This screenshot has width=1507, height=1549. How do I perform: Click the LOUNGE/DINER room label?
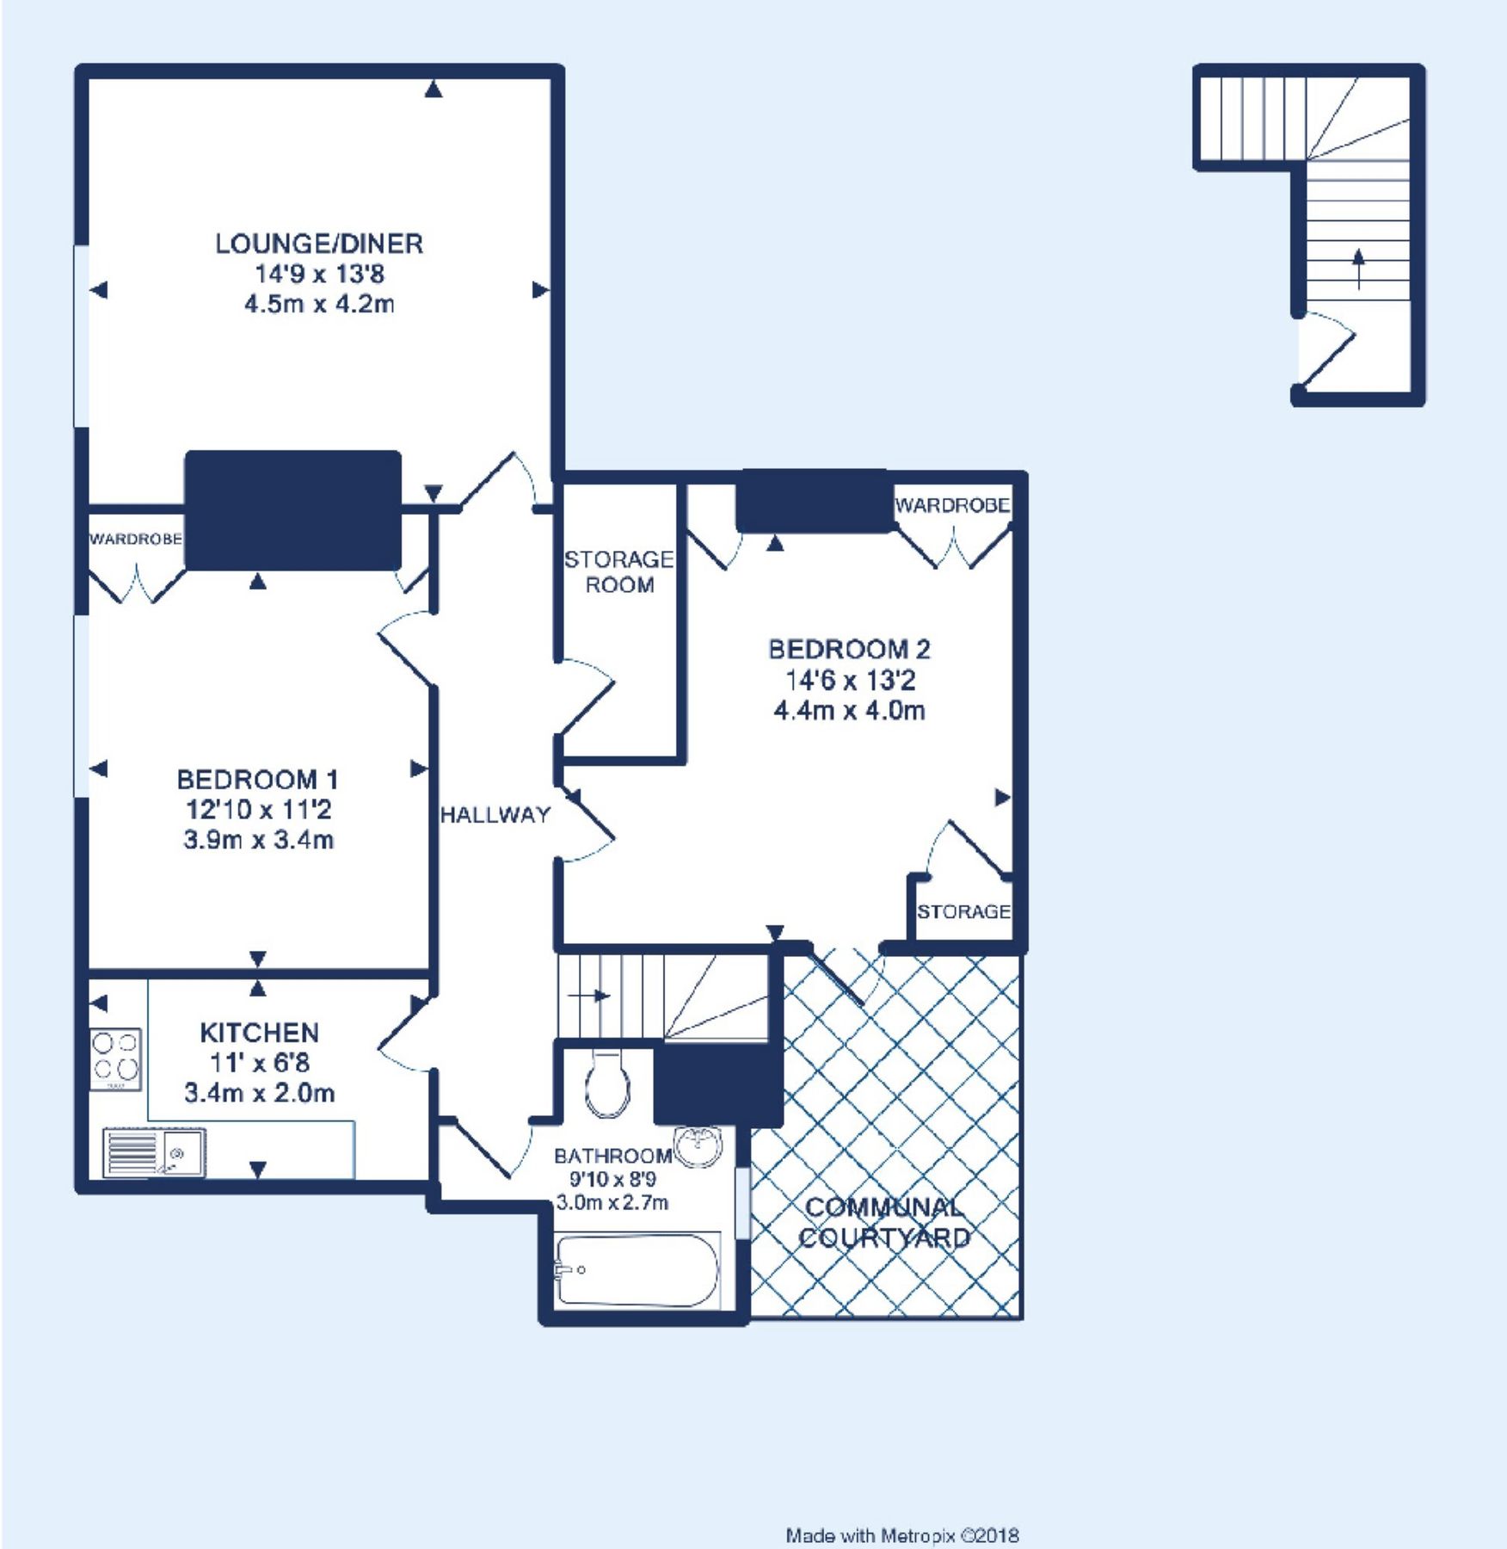pos(319,244)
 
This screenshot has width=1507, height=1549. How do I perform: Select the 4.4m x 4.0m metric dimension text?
pos(849,712)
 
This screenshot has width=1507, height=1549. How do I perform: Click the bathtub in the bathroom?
pos(637,1271)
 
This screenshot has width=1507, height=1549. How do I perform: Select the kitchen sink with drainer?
pos(154,1152)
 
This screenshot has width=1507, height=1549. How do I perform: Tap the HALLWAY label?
pos(495,815)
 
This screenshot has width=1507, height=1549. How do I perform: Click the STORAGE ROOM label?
pos(619,572)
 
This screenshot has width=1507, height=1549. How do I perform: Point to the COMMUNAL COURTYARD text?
pos(884,1223)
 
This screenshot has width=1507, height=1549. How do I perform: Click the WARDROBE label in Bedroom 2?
pos(952,505)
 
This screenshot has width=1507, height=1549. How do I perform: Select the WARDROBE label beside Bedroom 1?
pos(135,540)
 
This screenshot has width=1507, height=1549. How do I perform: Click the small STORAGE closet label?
pos(963,911)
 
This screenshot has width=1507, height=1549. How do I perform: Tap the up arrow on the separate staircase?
pos(1359,268)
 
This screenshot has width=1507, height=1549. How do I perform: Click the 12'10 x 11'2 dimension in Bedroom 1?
pos(258,810)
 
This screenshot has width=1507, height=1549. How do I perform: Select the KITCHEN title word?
pos(259,1033)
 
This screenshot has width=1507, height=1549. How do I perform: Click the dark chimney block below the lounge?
pos(293,509)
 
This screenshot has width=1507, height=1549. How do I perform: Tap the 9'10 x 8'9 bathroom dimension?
pos(612,1179)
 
